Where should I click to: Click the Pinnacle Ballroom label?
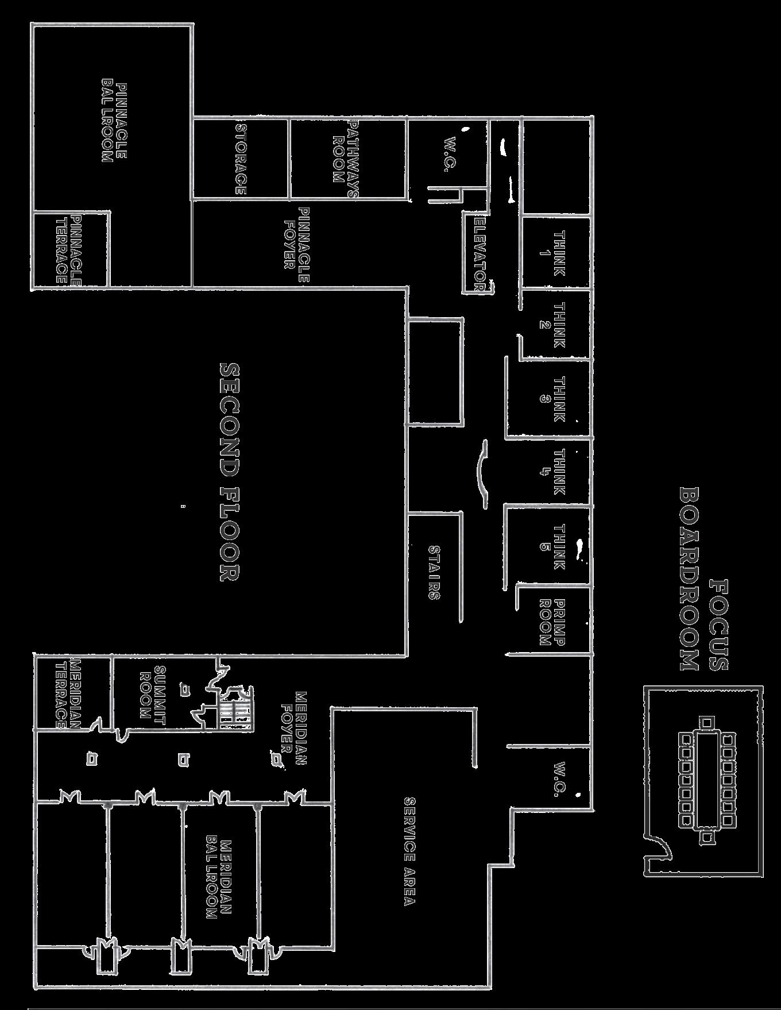(x=114, y=122)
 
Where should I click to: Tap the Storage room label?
(x=241, y=159)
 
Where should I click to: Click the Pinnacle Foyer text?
(x=297, y=244)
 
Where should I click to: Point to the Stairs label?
(x=434, y=572)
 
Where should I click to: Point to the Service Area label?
(x=409, y=850)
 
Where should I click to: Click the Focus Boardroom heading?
(x=703, y=579)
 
